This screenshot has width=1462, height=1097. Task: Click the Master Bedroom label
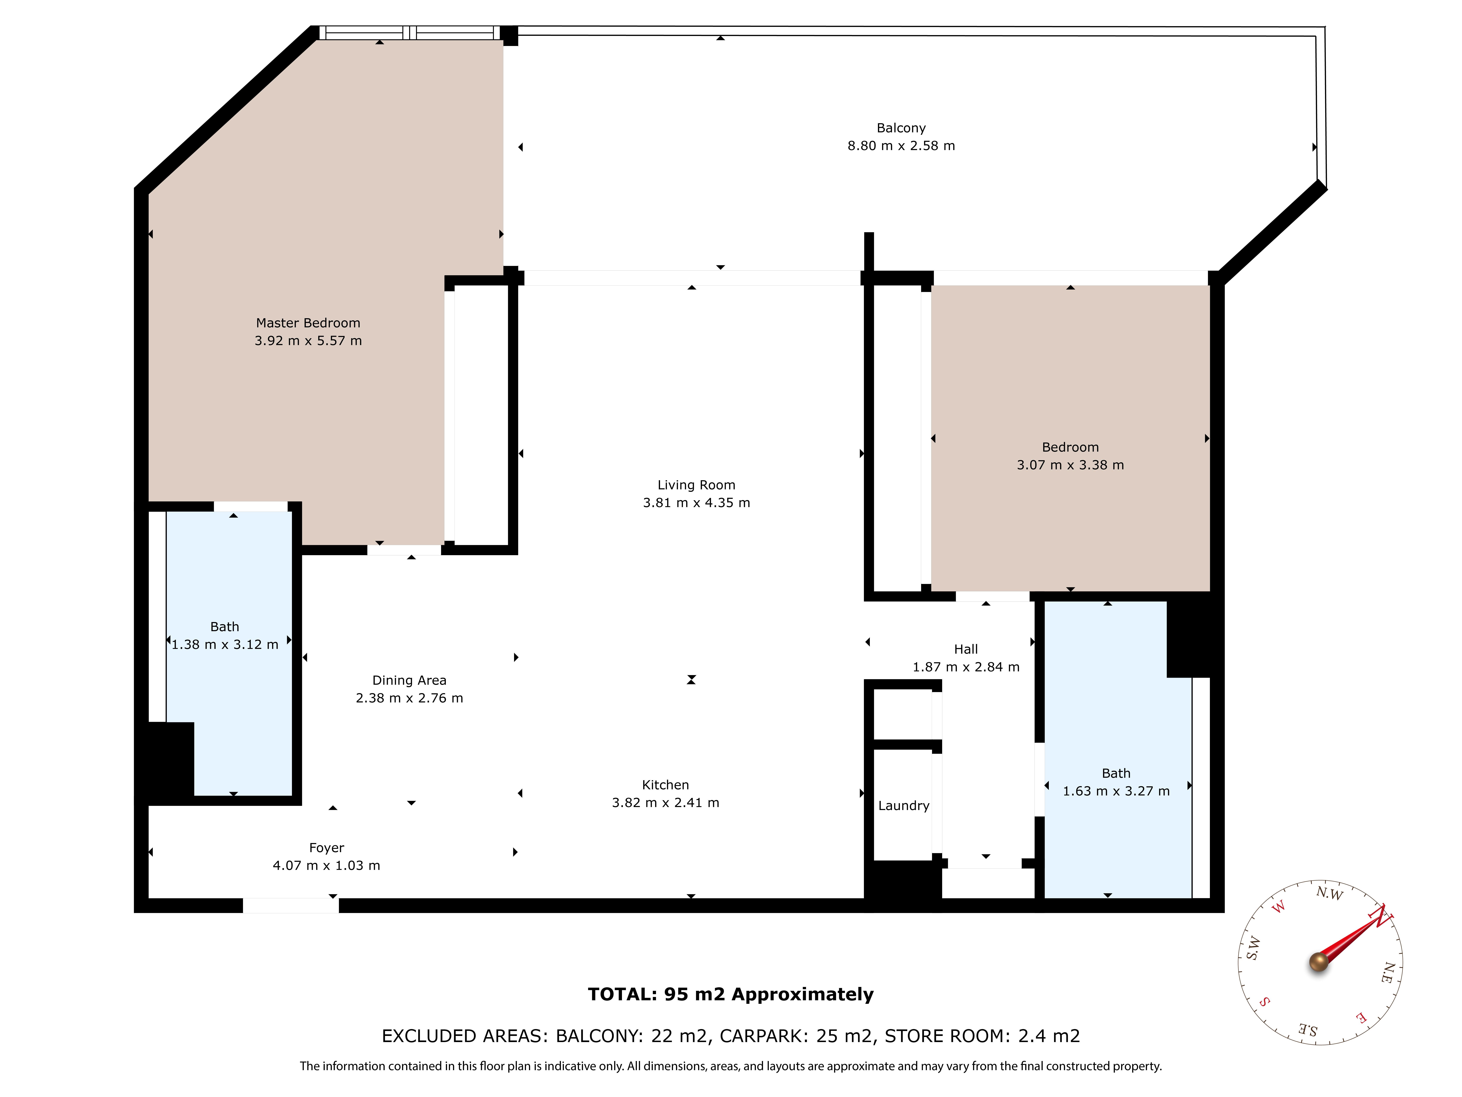(308, 323)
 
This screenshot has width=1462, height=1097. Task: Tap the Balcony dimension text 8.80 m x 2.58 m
(901, 146)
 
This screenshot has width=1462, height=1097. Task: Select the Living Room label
(696, 485)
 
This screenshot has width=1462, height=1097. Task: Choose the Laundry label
(904, 805)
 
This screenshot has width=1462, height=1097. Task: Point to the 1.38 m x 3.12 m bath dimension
(225, 644)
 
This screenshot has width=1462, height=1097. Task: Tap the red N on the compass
(1380, 917)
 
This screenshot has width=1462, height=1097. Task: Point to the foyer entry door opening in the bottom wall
(291, 905)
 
